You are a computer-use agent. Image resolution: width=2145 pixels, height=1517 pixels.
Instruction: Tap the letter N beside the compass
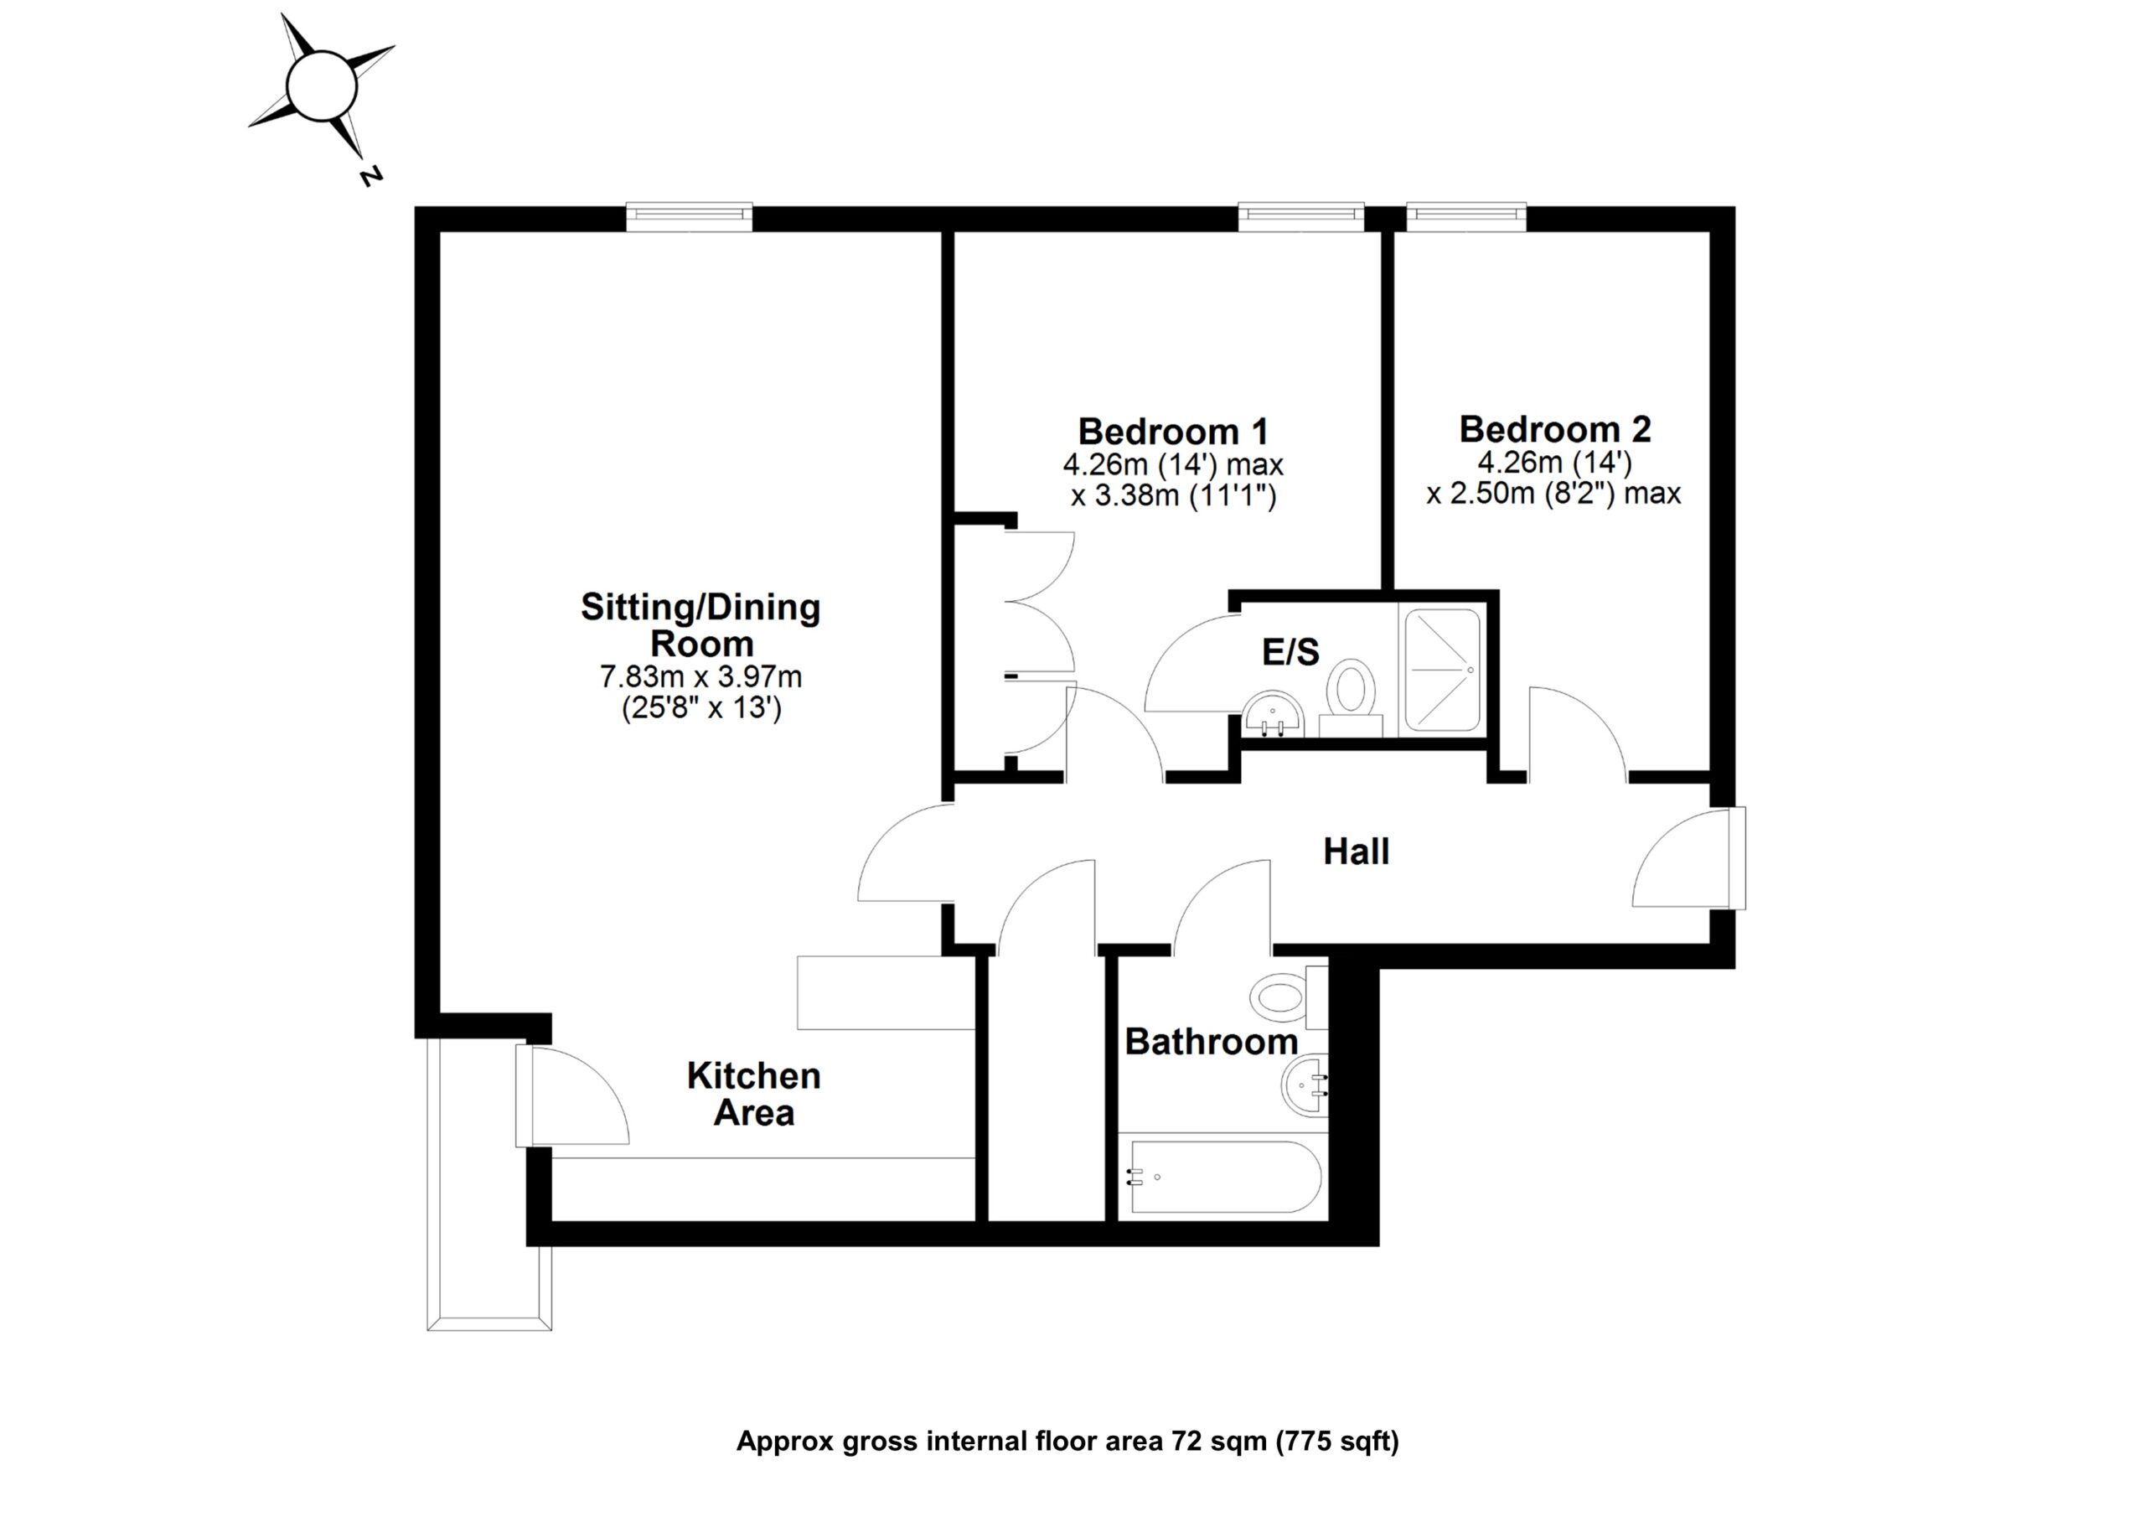coord(371,176)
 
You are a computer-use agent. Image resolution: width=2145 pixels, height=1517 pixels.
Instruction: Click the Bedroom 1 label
coord(1172,432)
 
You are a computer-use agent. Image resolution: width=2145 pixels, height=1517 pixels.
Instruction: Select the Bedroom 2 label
coord(1554,430)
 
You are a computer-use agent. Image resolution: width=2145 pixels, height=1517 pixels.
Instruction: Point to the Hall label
coord(1356,852)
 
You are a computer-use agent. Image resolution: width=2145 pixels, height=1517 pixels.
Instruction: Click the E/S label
coord(1290,652)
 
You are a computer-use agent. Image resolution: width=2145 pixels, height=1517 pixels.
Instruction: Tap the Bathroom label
coord(1211,1042)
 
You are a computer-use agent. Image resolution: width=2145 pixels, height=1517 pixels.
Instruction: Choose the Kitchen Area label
coord(754,1095)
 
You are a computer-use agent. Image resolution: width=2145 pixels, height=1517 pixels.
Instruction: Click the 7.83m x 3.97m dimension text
coord(700,676)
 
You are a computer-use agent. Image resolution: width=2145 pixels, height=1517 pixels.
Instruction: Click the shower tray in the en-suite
coord(1444,670)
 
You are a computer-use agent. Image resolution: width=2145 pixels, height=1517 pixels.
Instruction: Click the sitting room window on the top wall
coord(689,216)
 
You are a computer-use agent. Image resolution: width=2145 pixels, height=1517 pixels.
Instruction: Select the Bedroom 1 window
coord(1300,216)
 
